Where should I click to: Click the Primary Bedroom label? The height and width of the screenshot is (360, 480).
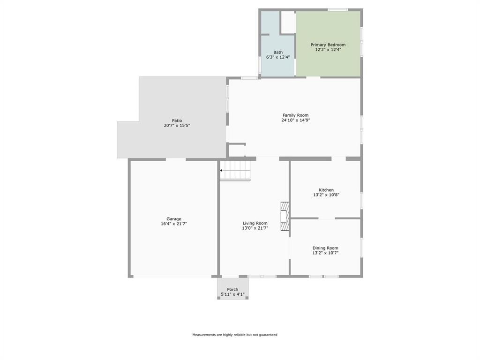coord(328,45)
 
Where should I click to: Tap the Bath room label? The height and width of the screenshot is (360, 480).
coord(278,52)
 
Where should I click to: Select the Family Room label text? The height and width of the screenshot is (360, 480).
coord(295,115)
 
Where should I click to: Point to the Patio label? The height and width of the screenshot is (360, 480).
coord(177,120)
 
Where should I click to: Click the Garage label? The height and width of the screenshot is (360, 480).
coord(174,219)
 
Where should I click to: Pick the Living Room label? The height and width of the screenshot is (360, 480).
coord(255,223)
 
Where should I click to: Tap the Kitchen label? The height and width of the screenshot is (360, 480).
coord(326,190)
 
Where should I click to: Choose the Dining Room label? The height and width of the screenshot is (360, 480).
coord(325,248)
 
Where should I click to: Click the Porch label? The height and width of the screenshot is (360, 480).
coord(232,290)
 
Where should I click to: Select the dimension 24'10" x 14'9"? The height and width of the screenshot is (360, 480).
coord(295,120)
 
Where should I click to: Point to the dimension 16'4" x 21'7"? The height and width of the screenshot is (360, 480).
coord(174,224)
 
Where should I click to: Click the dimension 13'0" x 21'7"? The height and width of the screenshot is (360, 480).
coord(255,228)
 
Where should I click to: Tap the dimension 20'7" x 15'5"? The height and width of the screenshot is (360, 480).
coord(177,125)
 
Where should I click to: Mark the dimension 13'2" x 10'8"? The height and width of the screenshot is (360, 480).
coord(326,195)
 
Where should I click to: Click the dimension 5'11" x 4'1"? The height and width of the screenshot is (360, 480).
coord(232,294)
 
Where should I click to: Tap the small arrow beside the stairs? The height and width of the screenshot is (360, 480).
coord(221,171)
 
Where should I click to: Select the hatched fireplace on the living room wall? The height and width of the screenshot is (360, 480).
coord(285,217)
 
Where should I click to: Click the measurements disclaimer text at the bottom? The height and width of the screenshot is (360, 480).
coord(235,335)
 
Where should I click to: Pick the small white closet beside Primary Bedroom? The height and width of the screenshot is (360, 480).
coord(288,22)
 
